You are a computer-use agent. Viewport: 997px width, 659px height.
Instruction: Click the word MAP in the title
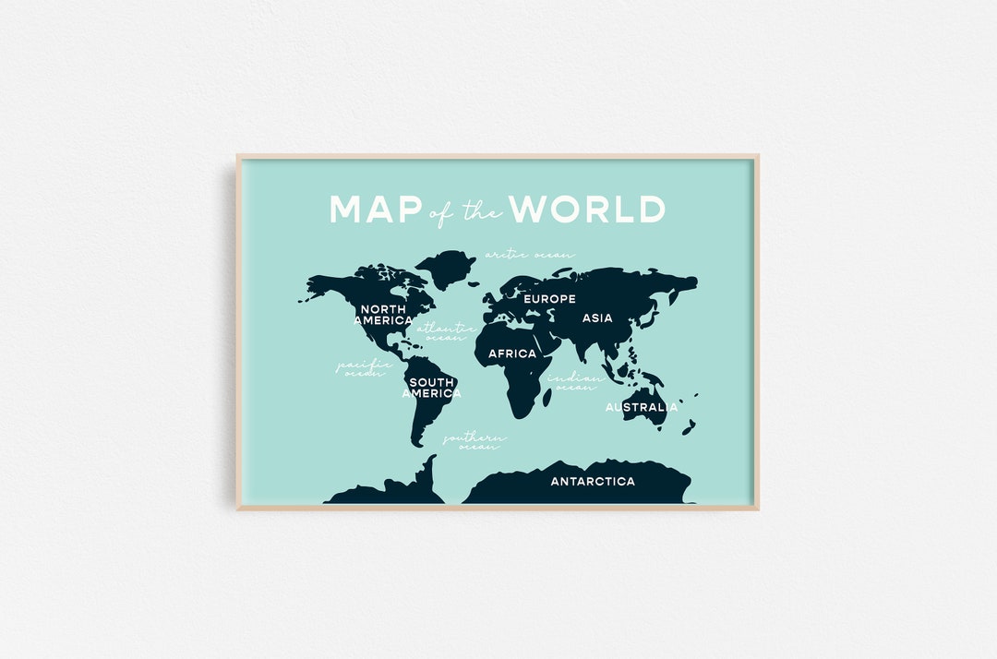375,210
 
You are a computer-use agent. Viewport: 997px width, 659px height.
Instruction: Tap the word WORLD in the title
588,210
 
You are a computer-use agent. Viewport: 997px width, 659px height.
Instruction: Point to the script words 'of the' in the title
466,212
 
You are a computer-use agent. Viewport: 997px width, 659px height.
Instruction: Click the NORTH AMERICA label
383,315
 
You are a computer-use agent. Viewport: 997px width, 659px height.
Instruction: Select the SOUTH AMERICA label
431,388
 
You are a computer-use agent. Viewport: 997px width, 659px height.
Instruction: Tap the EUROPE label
549,299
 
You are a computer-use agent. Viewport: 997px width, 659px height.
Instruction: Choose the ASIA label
597,318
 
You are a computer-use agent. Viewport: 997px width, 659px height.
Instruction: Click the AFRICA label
512,353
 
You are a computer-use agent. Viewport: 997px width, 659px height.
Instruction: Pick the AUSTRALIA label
641,407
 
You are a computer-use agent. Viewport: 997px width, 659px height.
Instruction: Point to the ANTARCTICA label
593,482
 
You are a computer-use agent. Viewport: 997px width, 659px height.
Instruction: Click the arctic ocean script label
530,254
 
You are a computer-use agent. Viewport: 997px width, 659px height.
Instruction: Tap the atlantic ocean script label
446,332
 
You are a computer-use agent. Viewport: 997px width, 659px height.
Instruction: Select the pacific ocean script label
364,368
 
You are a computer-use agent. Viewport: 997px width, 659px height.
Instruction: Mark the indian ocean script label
575,382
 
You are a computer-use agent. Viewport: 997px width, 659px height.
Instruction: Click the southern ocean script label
474,441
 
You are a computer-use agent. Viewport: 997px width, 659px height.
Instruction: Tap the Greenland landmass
445,267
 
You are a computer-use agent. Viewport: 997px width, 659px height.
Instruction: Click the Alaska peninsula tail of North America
305,298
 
